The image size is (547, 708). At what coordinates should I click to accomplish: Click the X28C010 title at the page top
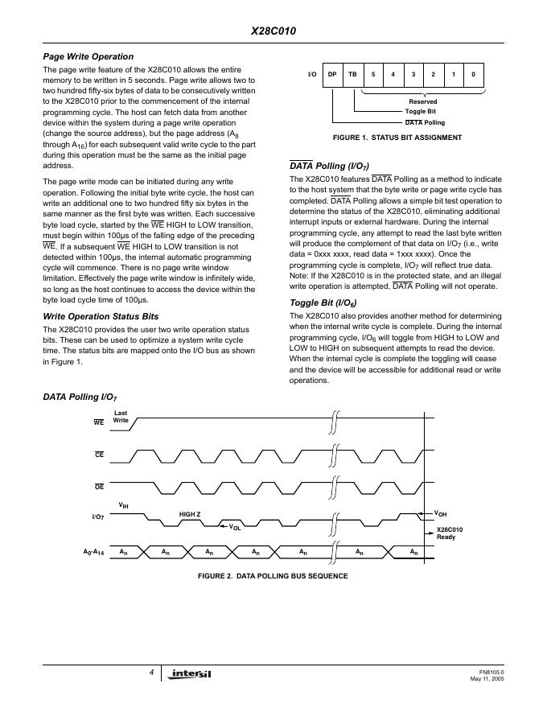[x=273, y=31]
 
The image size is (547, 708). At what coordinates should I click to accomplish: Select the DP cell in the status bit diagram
[x=331, y=75]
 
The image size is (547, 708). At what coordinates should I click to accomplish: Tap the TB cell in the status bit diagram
[x=352, y=75]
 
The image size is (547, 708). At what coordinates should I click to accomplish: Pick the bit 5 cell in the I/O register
[x=372, y=75]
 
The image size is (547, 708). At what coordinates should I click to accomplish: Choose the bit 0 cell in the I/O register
[x=474, y=75]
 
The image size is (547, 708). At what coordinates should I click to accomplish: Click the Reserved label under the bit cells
[x=423, y=102]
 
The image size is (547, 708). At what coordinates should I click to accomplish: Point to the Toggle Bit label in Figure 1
[x=421, y=112]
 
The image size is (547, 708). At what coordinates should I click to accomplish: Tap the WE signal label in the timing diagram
[x=99, y=422]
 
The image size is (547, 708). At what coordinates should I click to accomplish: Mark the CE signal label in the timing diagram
[x=99, y=455]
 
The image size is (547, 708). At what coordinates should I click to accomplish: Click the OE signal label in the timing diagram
[x=99, y=487]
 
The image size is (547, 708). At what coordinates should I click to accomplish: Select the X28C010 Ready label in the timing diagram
[x=450, y=533]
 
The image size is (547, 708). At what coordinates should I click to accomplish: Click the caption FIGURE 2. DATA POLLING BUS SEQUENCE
[x=273, y=577]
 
